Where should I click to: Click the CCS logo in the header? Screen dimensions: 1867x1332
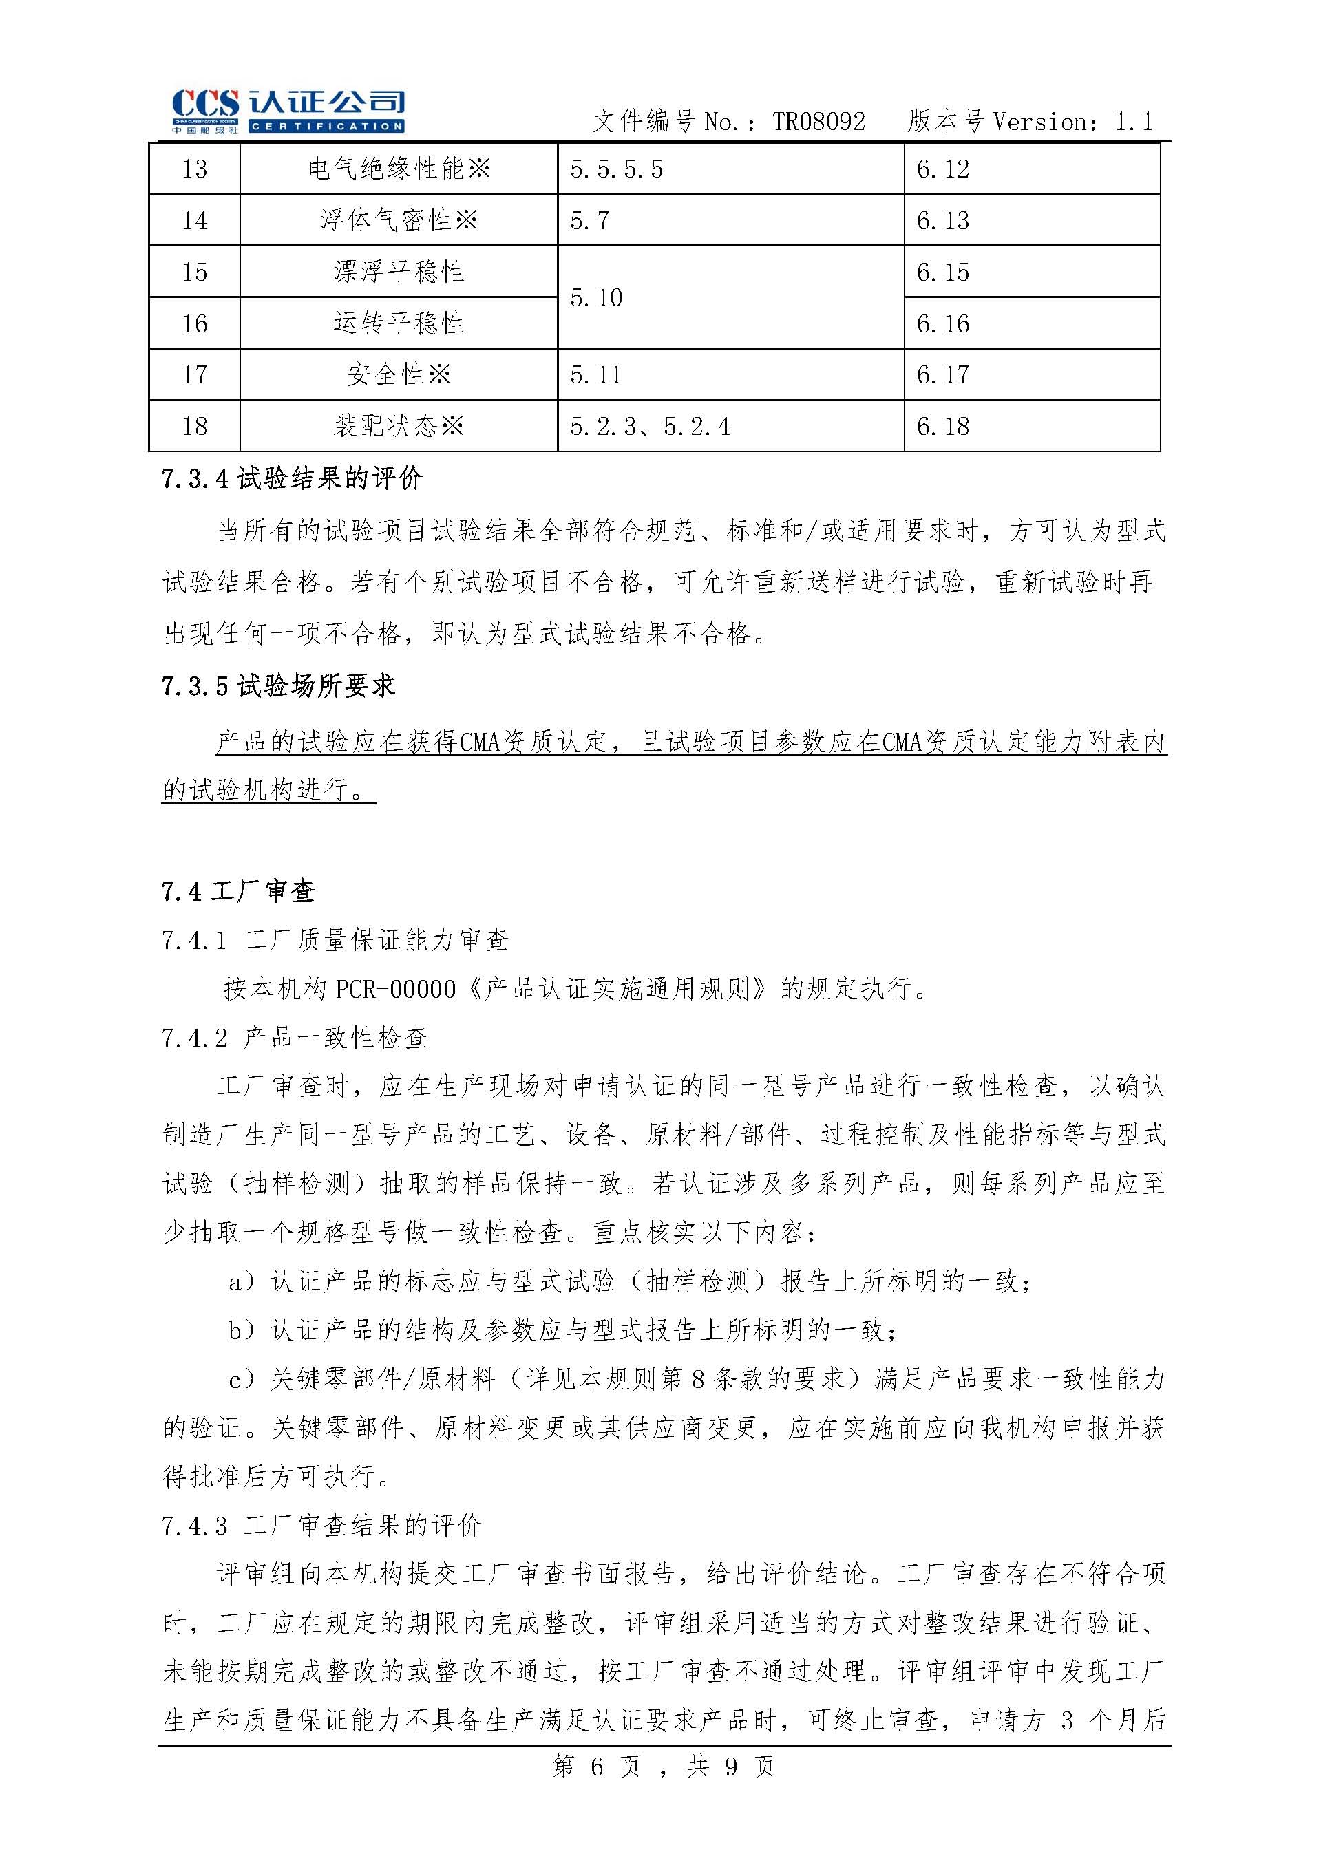[x=287, y=111]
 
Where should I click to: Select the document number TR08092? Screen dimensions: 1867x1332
[x=818, y=122]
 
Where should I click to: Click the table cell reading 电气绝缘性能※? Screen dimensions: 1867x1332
[x=399, y=169]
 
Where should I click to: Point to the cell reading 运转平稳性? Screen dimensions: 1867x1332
[x=399, y=323]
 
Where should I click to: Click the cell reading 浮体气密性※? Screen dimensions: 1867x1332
[x=399, y=220]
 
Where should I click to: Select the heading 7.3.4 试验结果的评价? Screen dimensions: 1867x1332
[x=292, y=479]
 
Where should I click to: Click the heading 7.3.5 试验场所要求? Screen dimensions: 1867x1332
[x=278, y=685]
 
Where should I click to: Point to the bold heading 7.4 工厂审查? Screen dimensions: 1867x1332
[x=238, y=891]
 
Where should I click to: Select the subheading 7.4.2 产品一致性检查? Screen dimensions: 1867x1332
[x=295, y=1038]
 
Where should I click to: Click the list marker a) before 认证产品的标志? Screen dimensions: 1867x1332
[x=243, y=1281]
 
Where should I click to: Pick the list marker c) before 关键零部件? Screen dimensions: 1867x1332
[x=243, y=1380]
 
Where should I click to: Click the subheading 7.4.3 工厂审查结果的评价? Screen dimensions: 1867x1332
[x=321, y=1525]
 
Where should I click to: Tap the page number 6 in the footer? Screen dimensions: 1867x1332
[x=596, y=1766]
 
